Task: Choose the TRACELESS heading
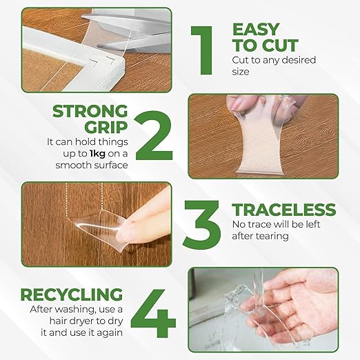point(284,210)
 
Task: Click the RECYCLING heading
point(72,294)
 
